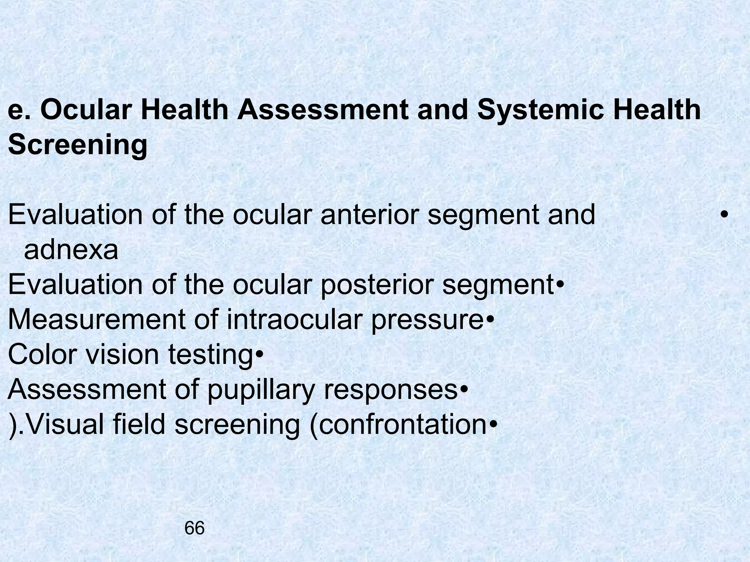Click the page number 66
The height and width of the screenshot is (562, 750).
coord(194,528)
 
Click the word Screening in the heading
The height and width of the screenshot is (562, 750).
coord(78,145)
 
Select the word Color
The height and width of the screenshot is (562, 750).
coord(40,354)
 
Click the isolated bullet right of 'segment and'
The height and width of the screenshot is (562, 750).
coord(723,215)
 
